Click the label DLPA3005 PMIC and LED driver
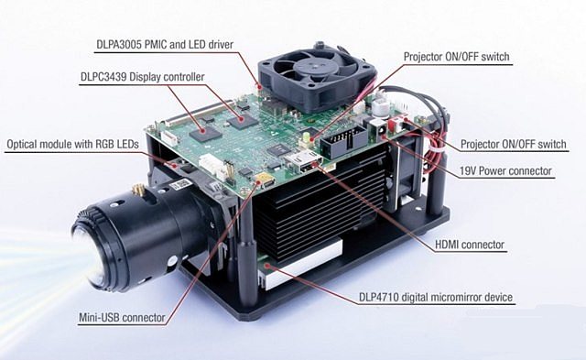(165, 45)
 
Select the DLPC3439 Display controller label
(143, 77)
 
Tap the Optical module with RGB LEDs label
(73, 144)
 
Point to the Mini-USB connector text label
(122, 318)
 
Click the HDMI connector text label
(470, 245)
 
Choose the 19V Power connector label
(505, 171)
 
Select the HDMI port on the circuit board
(304, 162)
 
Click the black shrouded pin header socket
(344, 140)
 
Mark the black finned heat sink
(320, 205)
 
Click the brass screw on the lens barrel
(137, 190)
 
